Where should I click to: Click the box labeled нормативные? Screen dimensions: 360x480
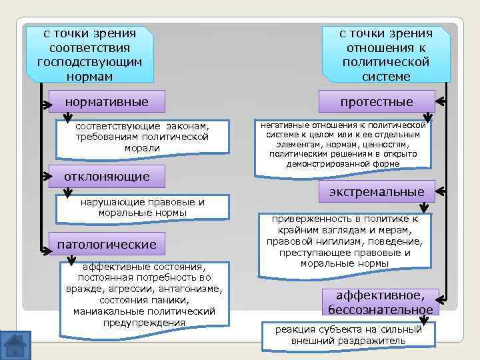tap(107, 102)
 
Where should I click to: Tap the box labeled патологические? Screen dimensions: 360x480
tap(107, 244)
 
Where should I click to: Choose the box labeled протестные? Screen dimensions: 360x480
tap(377, 101)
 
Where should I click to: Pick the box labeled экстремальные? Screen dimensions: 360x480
tap(377, 192)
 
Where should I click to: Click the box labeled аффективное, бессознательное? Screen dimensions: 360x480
tap(380, 303)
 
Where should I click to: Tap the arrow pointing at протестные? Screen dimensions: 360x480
tap(441, 102)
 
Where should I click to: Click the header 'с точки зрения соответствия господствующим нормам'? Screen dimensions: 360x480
tap(89, 55)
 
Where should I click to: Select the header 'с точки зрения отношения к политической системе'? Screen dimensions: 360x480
tap(386, 55)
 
